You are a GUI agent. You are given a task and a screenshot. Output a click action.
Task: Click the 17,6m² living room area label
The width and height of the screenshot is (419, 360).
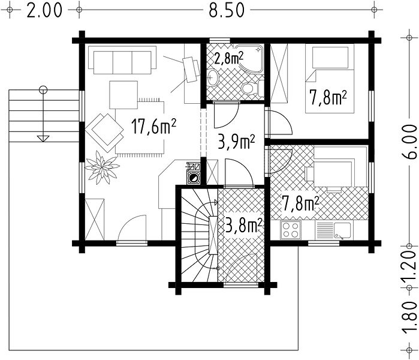click(153, 127)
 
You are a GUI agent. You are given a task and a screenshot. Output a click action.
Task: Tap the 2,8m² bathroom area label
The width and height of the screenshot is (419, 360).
click(228, 59)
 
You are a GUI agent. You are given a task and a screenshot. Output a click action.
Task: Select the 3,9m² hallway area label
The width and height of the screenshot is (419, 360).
click(236, 142)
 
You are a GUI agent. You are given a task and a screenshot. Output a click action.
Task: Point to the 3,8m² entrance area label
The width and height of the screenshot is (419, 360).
click(243, 225)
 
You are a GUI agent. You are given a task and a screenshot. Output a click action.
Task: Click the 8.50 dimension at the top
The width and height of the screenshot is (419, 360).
click(227, 10)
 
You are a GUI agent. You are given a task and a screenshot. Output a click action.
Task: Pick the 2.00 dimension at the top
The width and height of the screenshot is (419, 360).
click(44, 10)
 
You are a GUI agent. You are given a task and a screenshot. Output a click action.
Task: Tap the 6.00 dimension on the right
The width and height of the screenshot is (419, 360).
click(409, 142)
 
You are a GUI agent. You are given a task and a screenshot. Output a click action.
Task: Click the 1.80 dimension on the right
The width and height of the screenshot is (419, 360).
click(409, 318)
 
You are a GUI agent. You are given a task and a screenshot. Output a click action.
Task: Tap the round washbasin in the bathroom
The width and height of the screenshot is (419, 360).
click(213, 78)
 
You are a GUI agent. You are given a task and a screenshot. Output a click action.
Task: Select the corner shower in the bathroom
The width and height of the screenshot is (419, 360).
click(250, 58)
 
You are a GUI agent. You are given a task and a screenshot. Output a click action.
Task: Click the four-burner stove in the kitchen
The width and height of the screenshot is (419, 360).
click(291, 230)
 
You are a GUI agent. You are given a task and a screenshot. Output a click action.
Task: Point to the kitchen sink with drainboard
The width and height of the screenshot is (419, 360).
click(334, 230)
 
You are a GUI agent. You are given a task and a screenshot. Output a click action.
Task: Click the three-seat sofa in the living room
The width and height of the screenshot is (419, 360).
click(122, 60)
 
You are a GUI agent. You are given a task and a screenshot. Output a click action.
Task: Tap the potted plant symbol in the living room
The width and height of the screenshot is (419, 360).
click(102, 167)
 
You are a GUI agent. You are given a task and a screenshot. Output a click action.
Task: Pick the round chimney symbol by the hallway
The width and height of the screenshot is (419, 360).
click(193, 178)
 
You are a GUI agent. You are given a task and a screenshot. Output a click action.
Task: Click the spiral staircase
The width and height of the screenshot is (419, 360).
click(199, 235)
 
